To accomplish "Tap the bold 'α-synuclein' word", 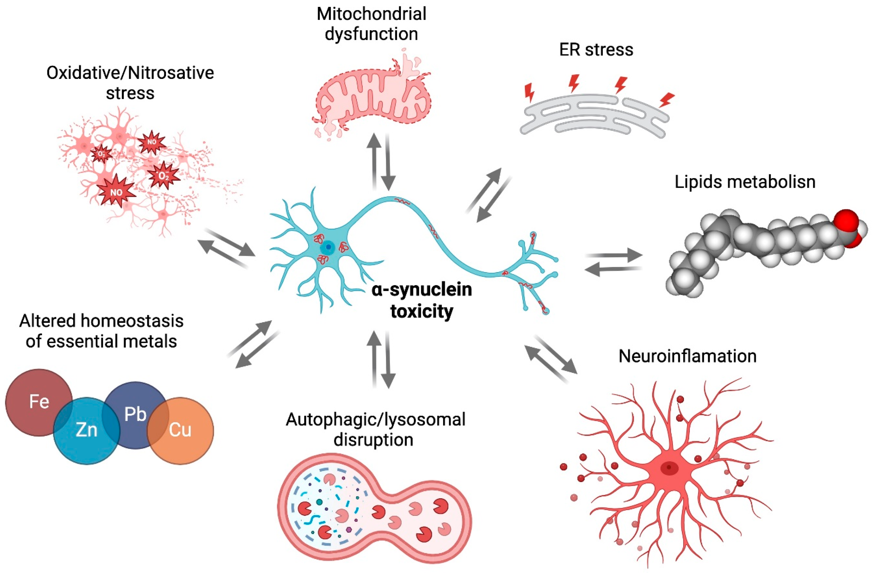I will (x=422, y=290).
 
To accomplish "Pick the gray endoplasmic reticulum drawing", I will (x=594, y=117).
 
